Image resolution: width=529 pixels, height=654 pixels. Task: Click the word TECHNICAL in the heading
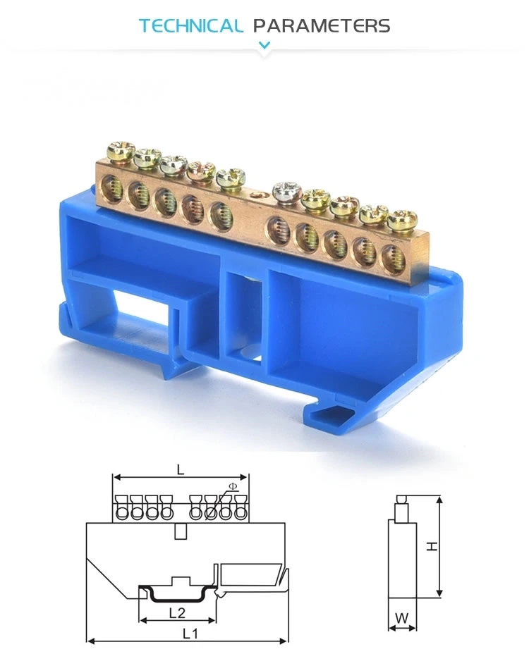click(190, 26)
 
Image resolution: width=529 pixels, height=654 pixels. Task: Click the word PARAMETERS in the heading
click(321, 26)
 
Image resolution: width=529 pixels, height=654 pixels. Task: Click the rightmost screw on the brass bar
click(402, 218)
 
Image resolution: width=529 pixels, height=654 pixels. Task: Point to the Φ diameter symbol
click(233, 486)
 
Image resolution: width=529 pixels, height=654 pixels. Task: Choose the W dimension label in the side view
click(402, 618)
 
